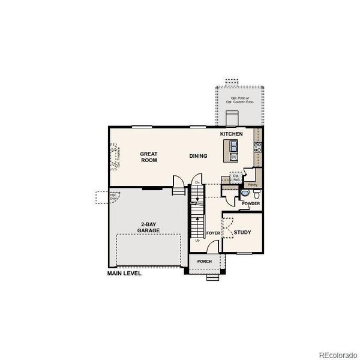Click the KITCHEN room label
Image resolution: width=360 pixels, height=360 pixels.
(231, 133)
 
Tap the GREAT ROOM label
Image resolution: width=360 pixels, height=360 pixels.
(149, 157)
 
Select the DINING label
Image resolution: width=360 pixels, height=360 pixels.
(198, 156)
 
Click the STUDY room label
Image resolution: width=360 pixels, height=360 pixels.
(242, 232)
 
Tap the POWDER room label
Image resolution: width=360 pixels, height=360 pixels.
(251, 203)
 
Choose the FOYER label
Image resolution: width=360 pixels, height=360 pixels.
(212, 232)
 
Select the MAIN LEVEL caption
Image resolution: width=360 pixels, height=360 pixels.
(124, 273)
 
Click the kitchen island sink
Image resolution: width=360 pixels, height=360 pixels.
(232, 146)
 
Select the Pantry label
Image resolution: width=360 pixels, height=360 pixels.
(253, 184)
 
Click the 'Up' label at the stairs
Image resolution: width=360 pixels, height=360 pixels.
(197, 241)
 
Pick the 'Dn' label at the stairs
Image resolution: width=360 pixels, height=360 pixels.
(196, 182)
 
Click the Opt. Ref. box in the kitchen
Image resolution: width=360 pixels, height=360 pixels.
(236, 178)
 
